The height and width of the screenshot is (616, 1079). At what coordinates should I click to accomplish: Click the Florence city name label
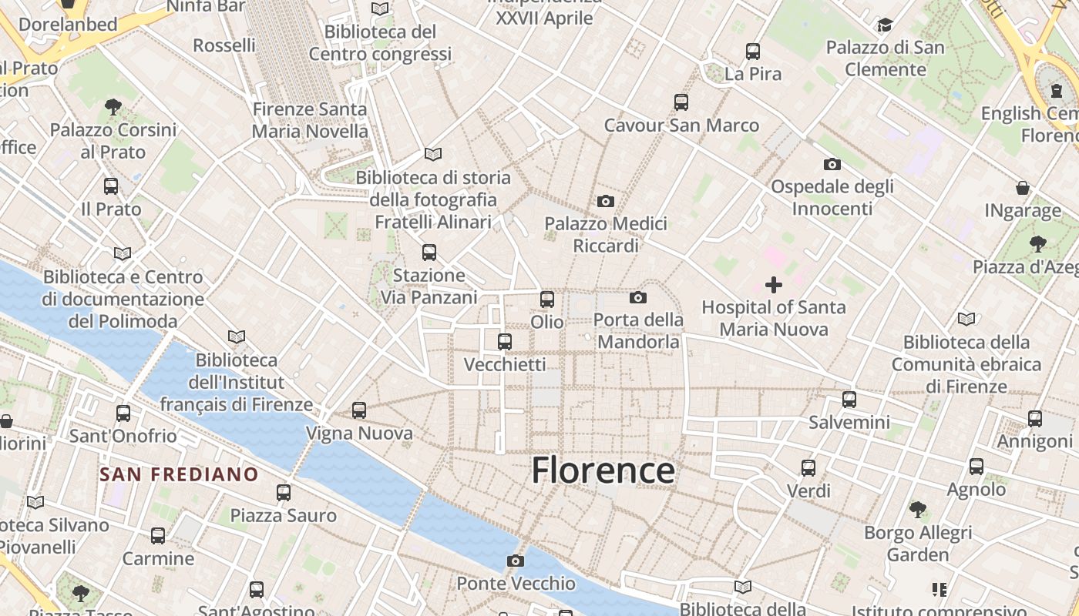(603, 470)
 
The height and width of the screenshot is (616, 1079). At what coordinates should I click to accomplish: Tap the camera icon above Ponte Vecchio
(516, 561)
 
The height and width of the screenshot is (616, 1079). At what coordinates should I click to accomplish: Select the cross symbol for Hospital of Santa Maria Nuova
(773, 285)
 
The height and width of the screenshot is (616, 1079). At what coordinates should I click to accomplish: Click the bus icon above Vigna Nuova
(359, 410)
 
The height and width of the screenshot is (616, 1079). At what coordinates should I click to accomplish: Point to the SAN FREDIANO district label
(179, 474)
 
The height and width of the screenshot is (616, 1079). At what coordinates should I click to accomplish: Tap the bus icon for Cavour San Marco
(681, 102)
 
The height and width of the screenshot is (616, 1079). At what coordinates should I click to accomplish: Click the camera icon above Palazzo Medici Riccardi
(606, 201)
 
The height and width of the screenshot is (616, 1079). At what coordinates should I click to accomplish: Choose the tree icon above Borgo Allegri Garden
(917, 509)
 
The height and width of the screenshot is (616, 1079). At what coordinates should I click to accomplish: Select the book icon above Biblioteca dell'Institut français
(237, 336)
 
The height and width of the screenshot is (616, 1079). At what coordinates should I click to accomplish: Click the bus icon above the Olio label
(547, 300)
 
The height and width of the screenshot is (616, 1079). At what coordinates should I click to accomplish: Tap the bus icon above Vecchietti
(505, 341)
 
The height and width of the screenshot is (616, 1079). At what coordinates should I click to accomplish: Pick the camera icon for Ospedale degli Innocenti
(832, 164)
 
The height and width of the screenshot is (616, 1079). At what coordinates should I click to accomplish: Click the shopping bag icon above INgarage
(1023, 188)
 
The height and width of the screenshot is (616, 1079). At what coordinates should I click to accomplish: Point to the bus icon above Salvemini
(849, 400)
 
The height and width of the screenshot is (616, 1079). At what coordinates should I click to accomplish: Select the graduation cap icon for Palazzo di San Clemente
(885, 25)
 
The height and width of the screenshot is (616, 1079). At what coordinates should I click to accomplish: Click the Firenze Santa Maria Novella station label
(310, 120)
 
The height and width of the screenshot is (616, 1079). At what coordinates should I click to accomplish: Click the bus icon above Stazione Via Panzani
(429, 253)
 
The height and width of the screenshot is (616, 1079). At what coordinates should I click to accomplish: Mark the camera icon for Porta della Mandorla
(637, 297)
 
